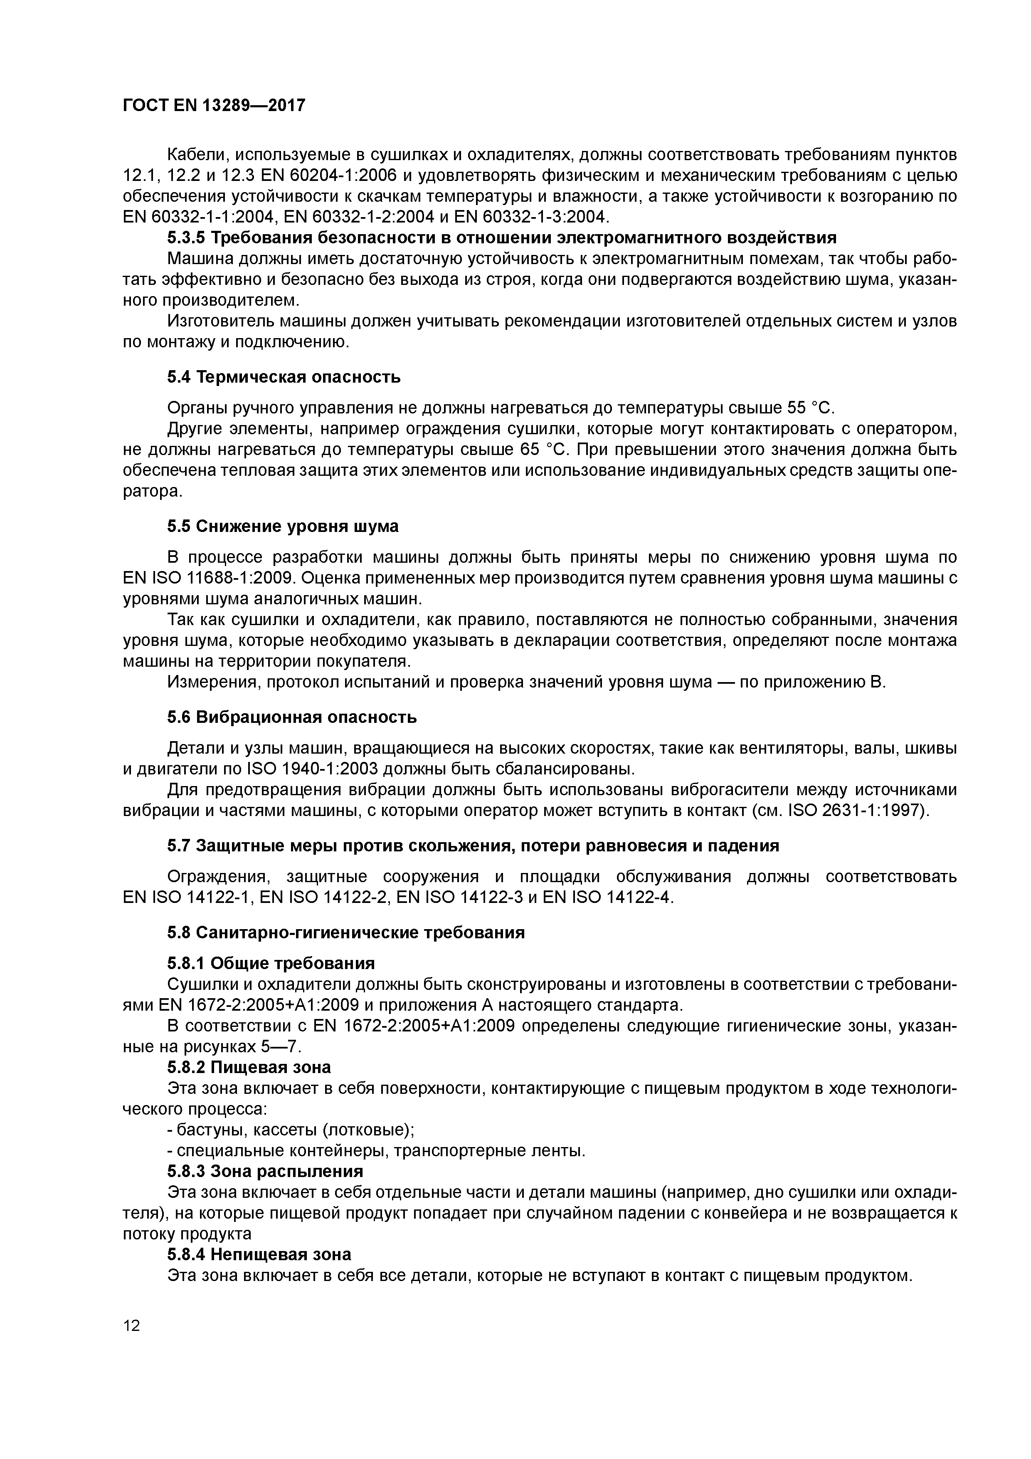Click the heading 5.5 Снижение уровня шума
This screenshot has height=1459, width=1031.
[283, 526]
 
